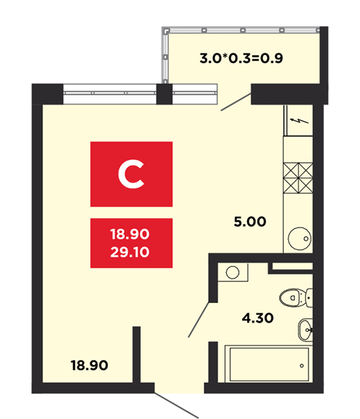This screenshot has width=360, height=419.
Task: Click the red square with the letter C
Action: pos(132,174)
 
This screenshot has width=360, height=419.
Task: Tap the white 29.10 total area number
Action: pos(130,252)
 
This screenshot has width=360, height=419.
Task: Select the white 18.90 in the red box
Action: pos(130,234)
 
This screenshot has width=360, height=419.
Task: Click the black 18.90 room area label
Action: pos(90,365)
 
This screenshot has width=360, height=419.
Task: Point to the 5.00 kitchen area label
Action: pos(250,221)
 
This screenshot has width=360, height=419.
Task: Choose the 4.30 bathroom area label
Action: pos(258,318)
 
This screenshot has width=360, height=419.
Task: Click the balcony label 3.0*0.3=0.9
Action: pos(241,58)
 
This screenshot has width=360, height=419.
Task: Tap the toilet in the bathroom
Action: pos(296,298)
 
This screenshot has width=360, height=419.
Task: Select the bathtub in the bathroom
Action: pos(268,364)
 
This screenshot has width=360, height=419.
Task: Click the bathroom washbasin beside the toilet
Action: pos(305,330)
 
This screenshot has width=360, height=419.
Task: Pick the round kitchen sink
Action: pos(300,238)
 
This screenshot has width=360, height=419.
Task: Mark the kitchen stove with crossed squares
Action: pos(298,178)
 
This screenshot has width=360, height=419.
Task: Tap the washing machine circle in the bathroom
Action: pos(232,272)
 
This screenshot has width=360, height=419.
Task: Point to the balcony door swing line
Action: pos(236,102)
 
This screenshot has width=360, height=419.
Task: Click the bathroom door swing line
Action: pos(199,319)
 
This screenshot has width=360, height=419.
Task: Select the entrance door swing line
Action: pos(176,405)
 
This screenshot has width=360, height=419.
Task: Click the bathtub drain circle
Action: pos(302,365)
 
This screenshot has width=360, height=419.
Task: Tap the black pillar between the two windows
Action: pos(164,94)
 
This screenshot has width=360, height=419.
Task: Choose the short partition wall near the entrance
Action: pos(136,355)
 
